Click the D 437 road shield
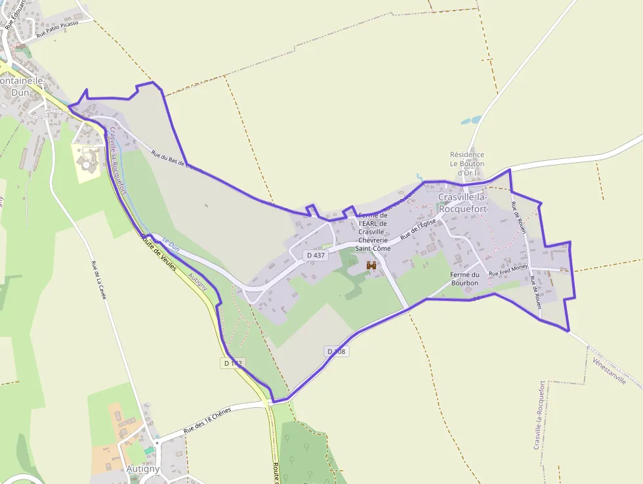coord(316,255)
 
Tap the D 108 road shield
coord(337,351)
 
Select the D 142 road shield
coord(233,363)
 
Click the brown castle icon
coord(371,265)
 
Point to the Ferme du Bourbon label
coord(465,278)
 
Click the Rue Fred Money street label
coord(508,269)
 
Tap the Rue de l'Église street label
coord(419,229)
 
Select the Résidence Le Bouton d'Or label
coord(467,164)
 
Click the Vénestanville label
coord(609,372)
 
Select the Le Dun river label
coord(171,245)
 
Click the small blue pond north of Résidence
coord(470,121)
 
